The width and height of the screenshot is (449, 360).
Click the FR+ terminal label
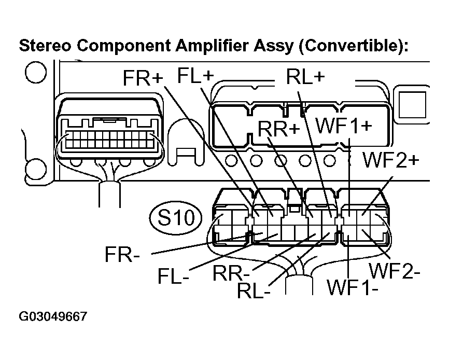pyautogui.click(x=143, y=78)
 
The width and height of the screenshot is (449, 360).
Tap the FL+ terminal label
pyautogui.click(x=195, y=75)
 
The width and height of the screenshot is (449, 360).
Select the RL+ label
pyautogui.click(x=305, y=76)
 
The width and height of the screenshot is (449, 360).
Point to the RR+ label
pyautogui.click(x=279, y=129)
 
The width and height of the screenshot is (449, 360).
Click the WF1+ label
pyautogui.click(x=344, y=126)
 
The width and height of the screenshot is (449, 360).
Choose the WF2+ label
pyautogui.click(x=390, y=160)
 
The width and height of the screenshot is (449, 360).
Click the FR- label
pyautogui.click(x=123, y=255)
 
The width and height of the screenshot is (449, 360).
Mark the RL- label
pyautogui.click(x=254, y=290)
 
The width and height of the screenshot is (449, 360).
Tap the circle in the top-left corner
pyautogui.click(x=34, y=73)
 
